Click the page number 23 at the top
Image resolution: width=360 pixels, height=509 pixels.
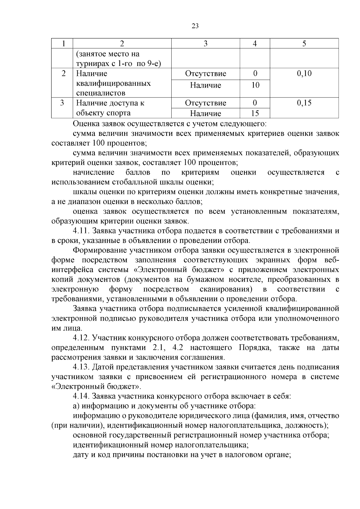[195, 26]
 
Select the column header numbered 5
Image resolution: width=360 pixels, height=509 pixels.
[304, 44]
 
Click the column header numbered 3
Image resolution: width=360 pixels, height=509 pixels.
[205, 44]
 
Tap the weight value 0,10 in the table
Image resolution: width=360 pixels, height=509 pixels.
[304, 73]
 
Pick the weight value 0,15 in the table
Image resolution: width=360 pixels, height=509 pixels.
[304, 103]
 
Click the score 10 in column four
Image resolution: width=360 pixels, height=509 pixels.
[255, 85]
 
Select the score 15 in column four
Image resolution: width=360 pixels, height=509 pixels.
[255, 113]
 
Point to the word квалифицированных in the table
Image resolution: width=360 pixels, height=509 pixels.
[113, 83]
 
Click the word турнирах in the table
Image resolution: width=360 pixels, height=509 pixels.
[90, 64]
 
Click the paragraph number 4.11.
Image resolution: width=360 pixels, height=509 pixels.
[81, 231]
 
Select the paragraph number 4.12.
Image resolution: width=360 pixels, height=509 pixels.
[81, 338]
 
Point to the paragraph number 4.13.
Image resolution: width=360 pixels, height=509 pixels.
[81, 367]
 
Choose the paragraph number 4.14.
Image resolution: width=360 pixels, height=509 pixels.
[81, 397]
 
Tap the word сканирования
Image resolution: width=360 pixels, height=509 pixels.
[226, 289]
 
